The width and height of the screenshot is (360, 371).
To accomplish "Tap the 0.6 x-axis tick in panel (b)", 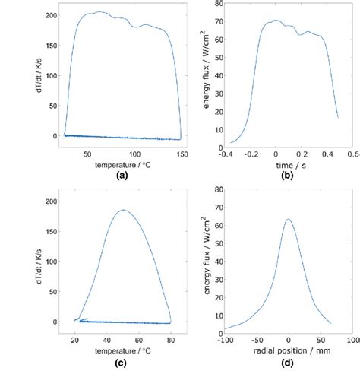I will [x=352, y=152].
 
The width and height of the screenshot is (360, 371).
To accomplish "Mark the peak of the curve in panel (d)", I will [x=288, y=219].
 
